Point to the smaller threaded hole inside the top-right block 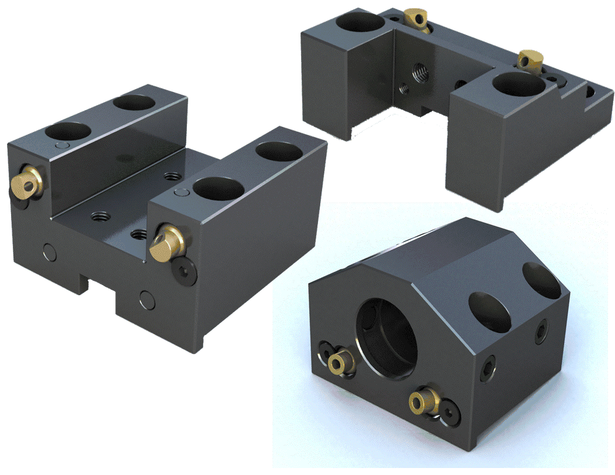pos(404,89)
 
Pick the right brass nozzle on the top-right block pos(531,58)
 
